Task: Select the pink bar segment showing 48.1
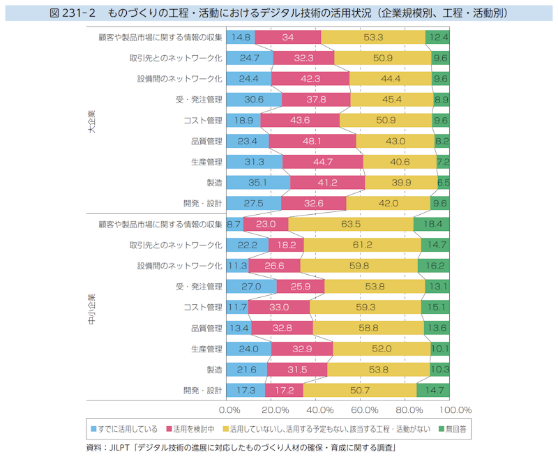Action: pyautogui.click(x=312, y=141)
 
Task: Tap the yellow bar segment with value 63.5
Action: pyautogui.click(x=351, y=224)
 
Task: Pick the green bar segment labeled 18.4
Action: pyautogui.click(x=431, y=224)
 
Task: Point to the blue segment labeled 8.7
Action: pyautogui.click(x=234, y=224)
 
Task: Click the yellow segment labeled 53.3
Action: pyautogui.click(x=373, y=37)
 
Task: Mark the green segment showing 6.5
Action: pyautogui.click(x=443, y=183)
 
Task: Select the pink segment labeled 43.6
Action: pyautogui.click(x=300, y=120)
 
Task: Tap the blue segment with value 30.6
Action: pyautogui.click(x=253, y=100)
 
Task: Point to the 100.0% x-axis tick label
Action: pyautogui.click(x=457, y=409)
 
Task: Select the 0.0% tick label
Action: pyautogui.click(x=229, y=409)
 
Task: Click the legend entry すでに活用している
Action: pyautogui.click(x=128, y=428)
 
